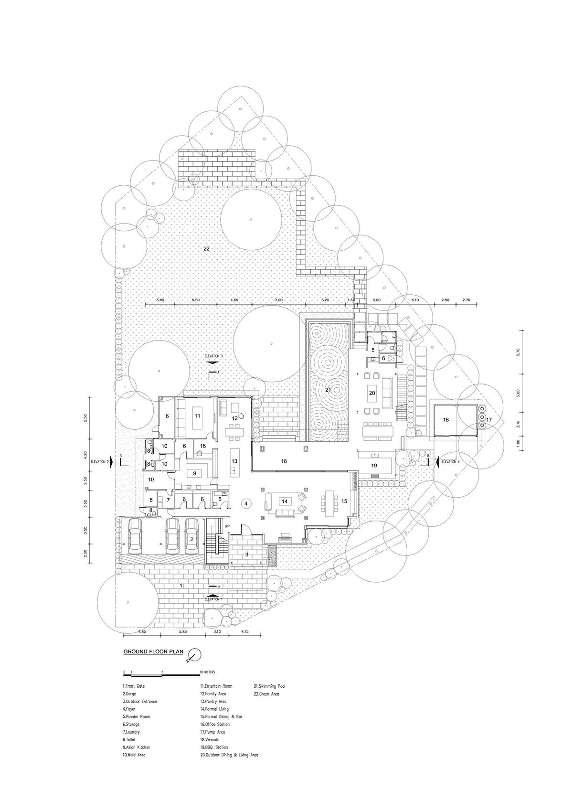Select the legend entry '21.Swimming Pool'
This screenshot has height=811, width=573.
[270, 686]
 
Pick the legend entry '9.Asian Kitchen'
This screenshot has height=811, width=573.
[136, 747]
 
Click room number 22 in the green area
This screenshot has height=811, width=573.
[206, 249]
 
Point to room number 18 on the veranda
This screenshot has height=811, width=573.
[284, 461]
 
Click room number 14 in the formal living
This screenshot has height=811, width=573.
[285, 502]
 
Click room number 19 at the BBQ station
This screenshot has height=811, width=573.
[374, 464]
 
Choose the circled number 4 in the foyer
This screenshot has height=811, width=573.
[245, 503]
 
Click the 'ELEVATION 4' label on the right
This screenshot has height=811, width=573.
[451, 461]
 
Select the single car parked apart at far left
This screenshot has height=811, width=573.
[136, 535]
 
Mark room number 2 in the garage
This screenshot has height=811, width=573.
[192, 539]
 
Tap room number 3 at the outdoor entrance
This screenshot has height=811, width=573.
[247, 555]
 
